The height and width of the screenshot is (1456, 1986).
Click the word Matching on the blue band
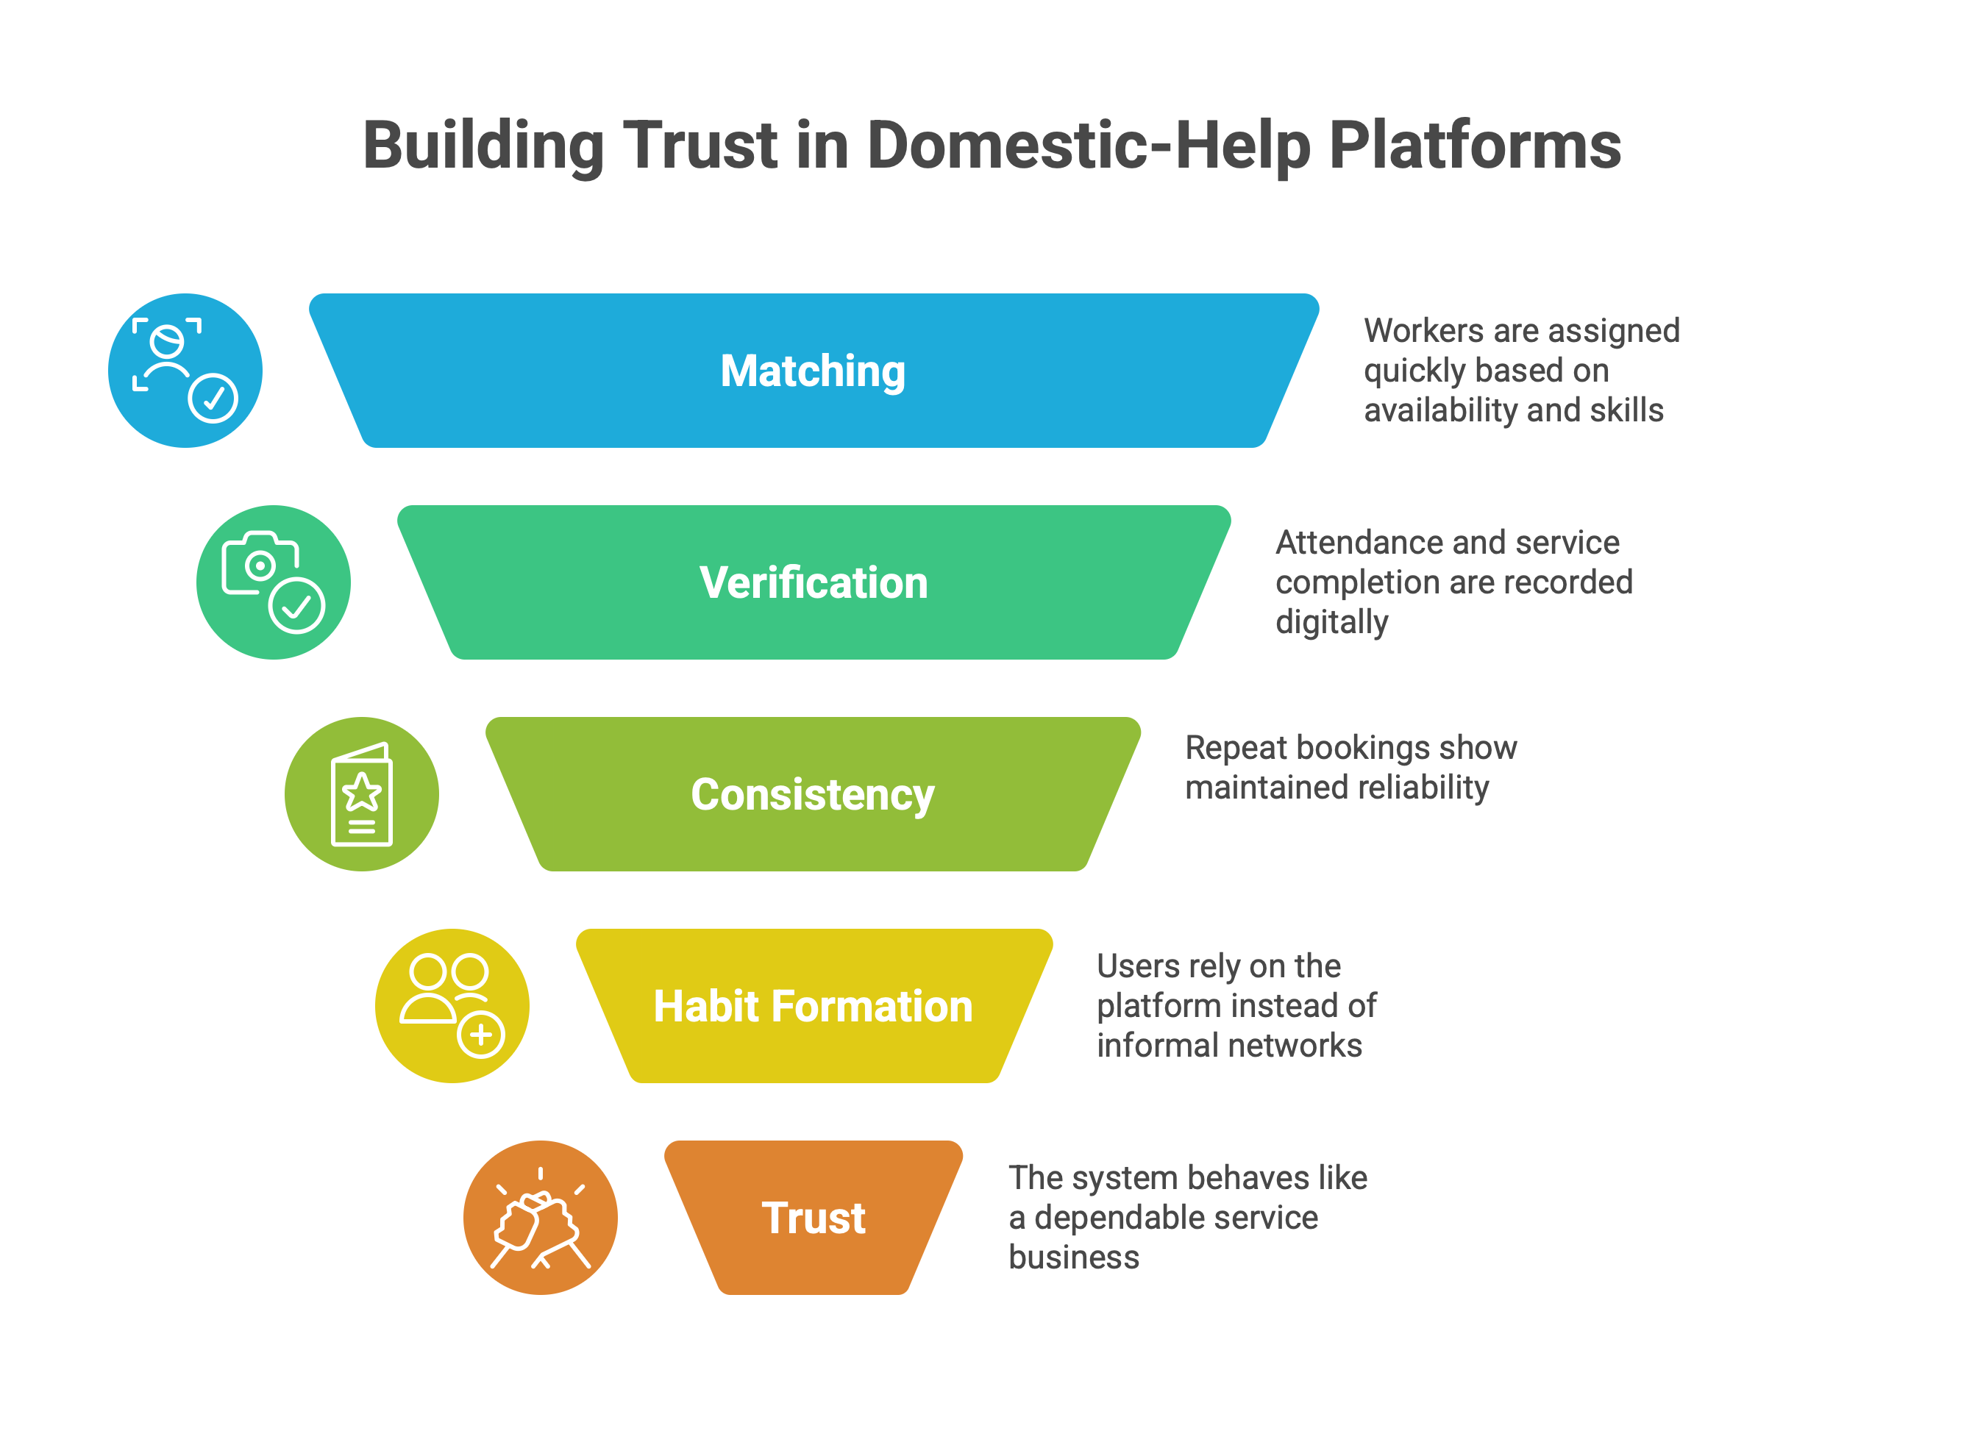(x=812, y=371)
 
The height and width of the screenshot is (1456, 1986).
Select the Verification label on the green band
(x=813, y=582)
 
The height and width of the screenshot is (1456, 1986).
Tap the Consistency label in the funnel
(x=812, y=794)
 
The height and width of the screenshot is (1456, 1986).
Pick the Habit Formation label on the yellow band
(x=812, y=1006)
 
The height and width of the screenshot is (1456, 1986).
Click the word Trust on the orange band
(x=813, y=1217)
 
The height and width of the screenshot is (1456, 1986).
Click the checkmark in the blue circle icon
(x=213, y=399)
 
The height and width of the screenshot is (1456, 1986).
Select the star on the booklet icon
(x=361, y=791)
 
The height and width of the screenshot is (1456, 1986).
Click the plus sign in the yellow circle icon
(x=480, y=1034)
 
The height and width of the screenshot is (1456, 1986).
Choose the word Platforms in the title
(x=1474, y=146)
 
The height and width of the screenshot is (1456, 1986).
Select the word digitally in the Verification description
(x=1331, y=622)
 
